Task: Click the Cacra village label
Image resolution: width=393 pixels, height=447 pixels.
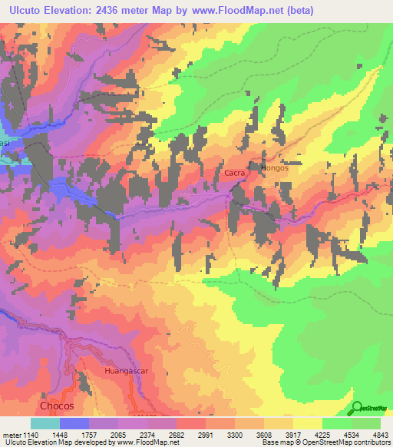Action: point(234,174)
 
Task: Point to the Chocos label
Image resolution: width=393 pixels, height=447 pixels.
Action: point(57,405)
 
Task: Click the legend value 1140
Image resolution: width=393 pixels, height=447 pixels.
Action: point(30,435)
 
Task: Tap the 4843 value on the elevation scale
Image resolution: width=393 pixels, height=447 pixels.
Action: point(372,435)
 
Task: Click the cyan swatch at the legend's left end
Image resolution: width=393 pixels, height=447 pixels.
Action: point(45,423)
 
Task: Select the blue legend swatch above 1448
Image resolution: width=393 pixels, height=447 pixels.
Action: point(74,423)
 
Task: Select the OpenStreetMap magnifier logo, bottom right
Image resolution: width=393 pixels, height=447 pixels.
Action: point(357,409)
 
